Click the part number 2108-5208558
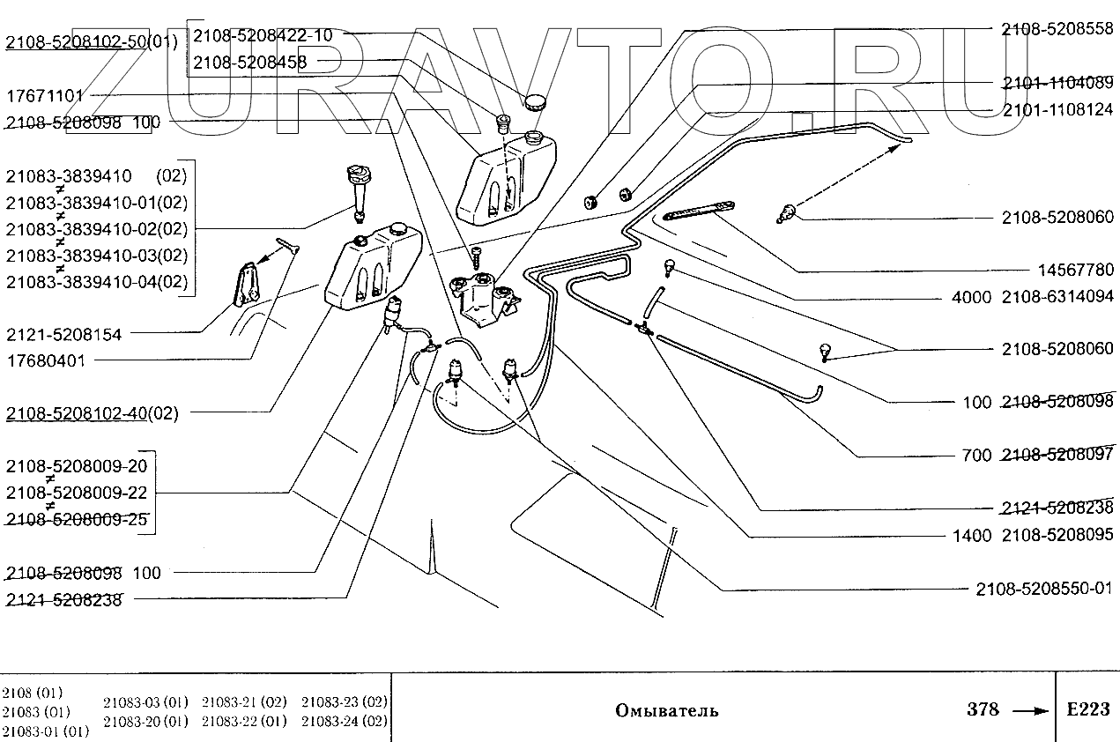pyautogui.click(x=1057, y=29)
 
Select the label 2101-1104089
pyautogui.click(x=1057, y=84)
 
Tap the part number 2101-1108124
pyautogui.click(x=1057, y=112)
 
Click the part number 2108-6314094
pyautogui.click(x=1057, y=297)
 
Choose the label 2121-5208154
pyautogui.click(x=63, y=334)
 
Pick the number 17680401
pyautogui.click(x=46, y=360)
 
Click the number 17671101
pyautogui.click(x=45, y=95)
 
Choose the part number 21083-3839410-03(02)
pyautogui.click(x=97, y=256)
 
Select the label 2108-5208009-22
pyautogui.click(x=77, y=492)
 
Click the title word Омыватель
pyautogui.click(x=666, y=710)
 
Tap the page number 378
pyautogui.click(x=983, y=709)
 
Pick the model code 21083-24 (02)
pyautogui.click(x=345, y=721)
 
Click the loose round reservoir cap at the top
pyautogui.click(x=535, y=103)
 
